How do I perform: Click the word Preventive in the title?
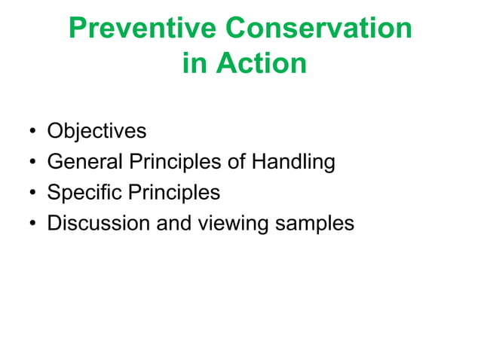click(x=142, y=29)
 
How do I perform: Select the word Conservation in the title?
click(x=318, y=29)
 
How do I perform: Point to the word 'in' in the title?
click(x=194, y=63)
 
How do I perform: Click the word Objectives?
click(x=97, y=131)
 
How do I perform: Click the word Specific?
click(x=84, y=193)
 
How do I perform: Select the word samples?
click(x=314, y=224)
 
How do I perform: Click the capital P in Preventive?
click(x=77, y=29)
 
